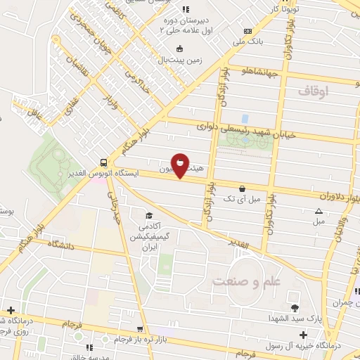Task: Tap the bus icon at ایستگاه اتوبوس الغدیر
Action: coord(103,160)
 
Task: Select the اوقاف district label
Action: coord(313,91)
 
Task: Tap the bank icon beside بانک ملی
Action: coord(247,31)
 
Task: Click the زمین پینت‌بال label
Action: coord(181,60)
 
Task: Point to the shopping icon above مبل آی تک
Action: coord(243,188)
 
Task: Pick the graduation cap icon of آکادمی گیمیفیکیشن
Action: coord(148,215)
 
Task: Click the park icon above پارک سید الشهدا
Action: coord(294,308)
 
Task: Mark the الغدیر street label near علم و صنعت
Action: coord(239,242)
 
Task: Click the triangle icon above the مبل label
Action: coord(319,211)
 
